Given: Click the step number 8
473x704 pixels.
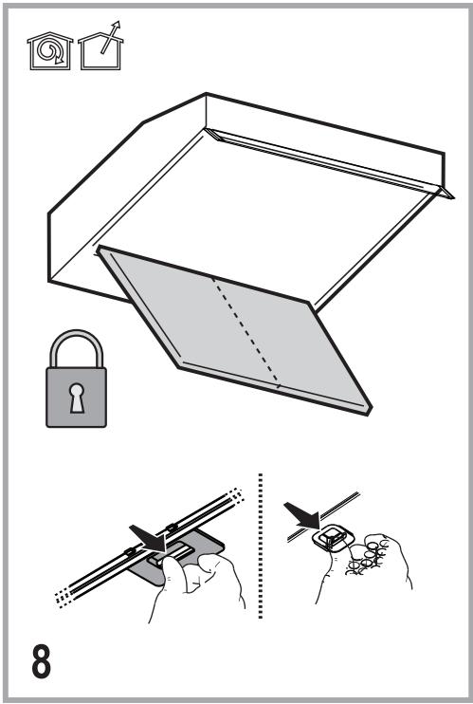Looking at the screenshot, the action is click(42, 661).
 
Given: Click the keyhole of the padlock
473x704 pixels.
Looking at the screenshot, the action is click(76, 398).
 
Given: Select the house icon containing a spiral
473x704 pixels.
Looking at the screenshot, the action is click(50, 51).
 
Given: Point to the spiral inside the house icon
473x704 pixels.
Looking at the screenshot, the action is click(50, 50).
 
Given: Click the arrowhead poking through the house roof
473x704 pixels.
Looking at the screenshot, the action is click(117, 25).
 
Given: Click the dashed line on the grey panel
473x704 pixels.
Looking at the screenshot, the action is click(246, 332).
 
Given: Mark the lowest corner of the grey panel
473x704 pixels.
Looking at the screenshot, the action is click(369, 414).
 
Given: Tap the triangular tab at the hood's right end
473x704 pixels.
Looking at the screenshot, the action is click(446, 193).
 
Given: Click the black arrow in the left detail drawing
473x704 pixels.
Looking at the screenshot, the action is click(148, 539).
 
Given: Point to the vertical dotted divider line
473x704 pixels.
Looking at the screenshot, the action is click(261, 546).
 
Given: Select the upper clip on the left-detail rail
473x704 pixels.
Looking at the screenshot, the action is click(171, 528).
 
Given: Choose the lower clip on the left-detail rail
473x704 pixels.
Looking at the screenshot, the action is click(130, 551).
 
